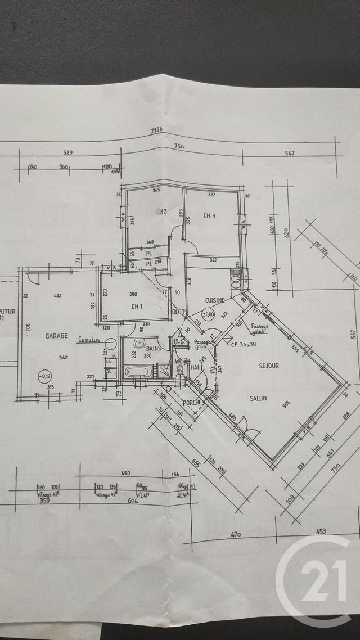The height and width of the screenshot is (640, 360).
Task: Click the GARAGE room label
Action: pyautogui.click(x=56, y=336)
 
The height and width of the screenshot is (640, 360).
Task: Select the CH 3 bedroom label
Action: pyautogui.click(x=210, y=215)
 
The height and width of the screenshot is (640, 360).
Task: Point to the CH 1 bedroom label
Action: pyautogui.click(x=137, y=307)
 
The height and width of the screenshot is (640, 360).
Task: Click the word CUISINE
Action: pyautogui.click(x=215, y=300)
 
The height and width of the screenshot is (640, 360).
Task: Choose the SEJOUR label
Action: pyautogui.click(x=269, y=366)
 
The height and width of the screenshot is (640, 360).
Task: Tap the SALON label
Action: pyautogui.click(x=258, y=399)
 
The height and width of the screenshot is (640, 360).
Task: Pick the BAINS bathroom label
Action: pyautogui.click(x=153, y=349)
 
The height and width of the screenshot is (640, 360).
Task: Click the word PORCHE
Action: pyautogui.click(x=192, y=403)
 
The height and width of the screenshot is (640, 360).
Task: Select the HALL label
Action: pyautogui.click(x=196, y=367)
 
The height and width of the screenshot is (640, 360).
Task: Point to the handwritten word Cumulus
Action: pyautogui.click(x=88, y=340)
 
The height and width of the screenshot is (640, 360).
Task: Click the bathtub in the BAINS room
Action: pyautogui.click(x=138, y=372)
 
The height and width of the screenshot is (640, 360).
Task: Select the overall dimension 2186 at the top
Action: pyautogui.click(x=156, y=130)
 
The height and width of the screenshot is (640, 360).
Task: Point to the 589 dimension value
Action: pyautogui.click(x=69, y=152)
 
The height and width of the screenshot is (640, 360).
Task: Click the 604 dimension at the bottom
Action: pyautogui.click(x=133, y=501)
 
